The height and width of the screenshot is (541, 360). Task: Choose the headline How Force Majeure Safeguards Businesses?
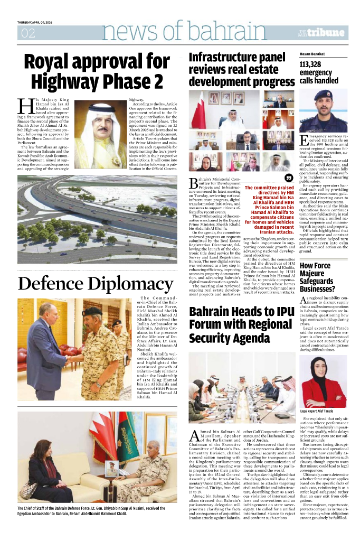(x=317, y=277)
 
